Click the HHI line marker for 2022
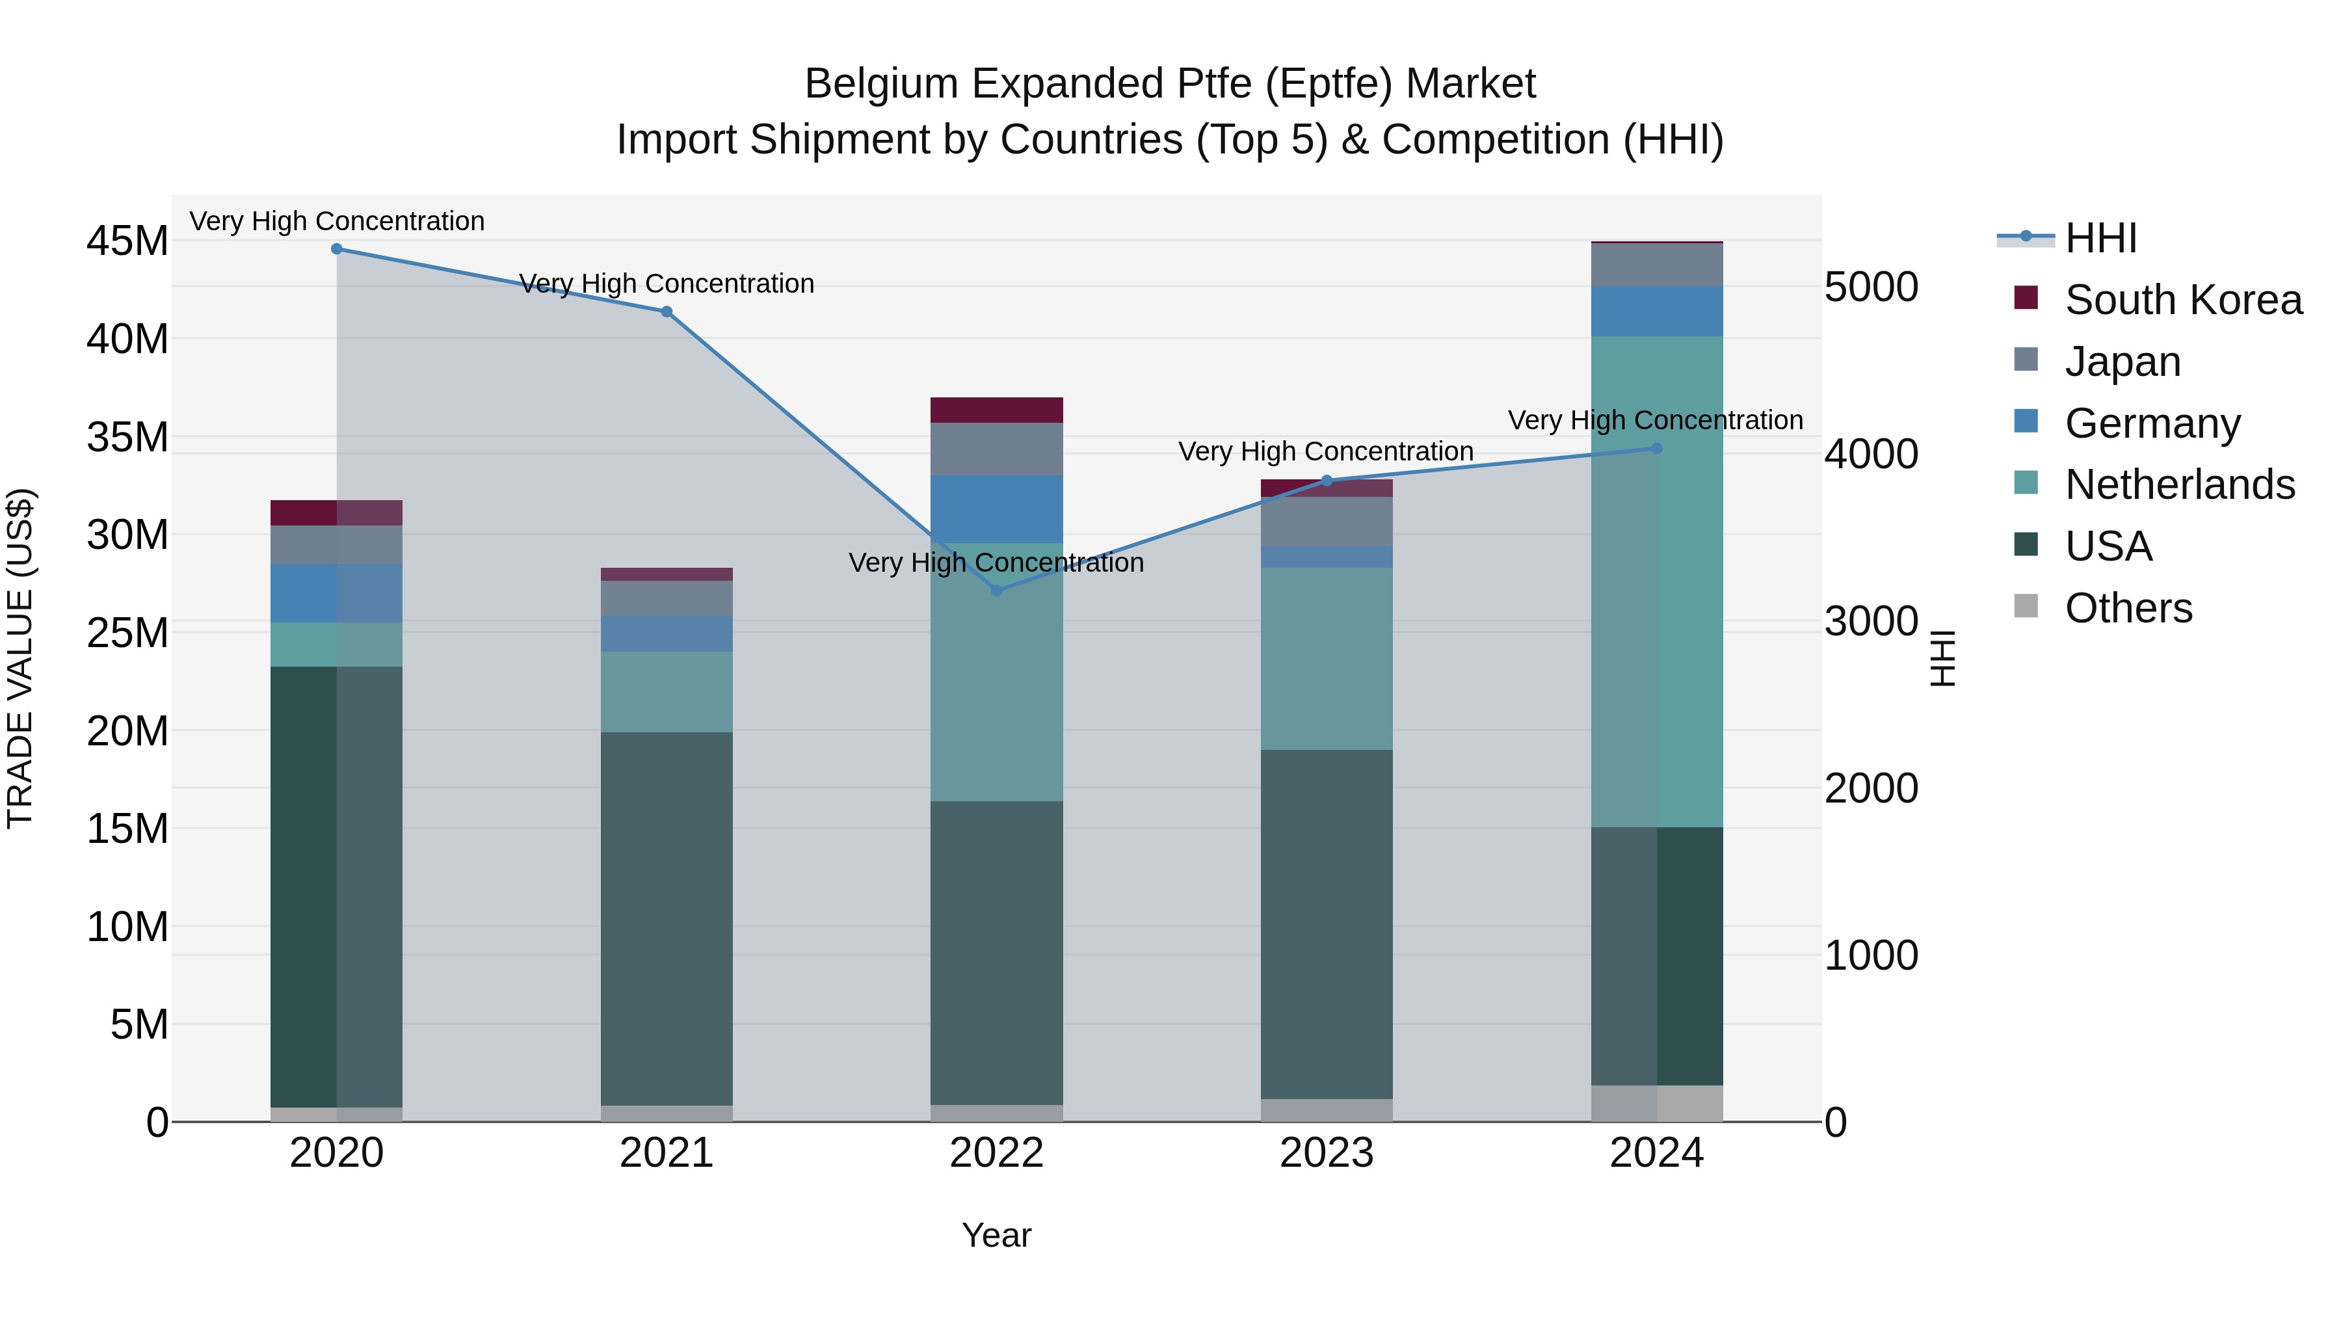pos(996,591)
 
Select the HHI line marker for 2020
pos(336,249)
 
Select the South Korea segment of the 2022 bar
pos(996,410)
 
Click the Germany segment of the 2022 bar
pos(996,509)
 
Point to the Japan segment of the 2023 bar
pos(1326,522)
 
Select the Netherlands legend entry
pos(2179,485)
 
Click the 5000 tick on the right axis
pos(1870,287)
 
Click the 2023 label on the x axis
pos(1326,1153)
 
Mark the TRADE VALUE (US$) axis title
pos(20,658)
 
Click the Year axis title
pos(996,1235)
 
